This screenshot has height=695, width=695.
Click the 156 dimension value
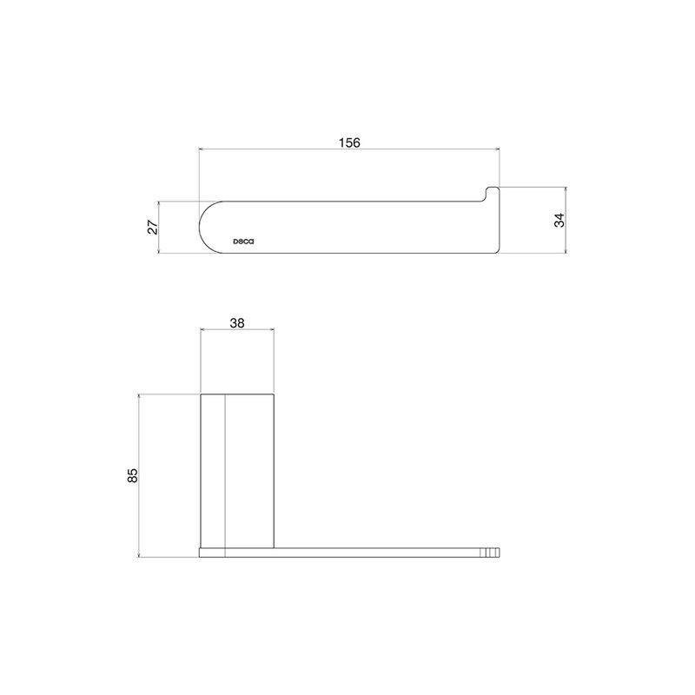pos(349,142)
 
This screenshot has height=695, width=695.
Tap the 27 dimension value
pos(153,227)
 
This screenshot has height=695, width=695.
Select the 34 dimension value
pos(559,221)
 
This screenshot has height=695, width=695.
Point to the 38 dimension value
pos(237,323)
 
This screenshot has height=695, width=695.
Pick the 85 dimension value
pos(133,475)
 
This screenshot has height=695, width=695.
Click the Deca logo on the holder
pos(244,242)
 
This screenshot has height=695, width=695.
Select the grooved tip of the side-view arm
pos(490,553)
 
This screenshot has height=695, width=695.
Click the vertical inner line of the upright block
pos(225,475)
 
